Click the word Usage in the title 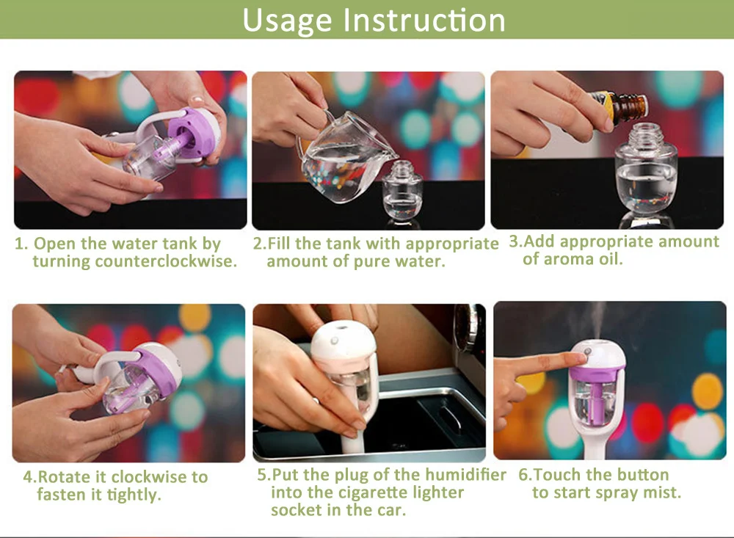[x=287, y=21]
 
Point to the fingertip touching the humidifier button [x=581, y=357]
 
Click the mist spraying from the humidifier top [x=594, y=320]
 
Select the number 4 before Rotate [x=29, y=477]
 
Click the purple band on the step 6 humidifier [x=597, y=374]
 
